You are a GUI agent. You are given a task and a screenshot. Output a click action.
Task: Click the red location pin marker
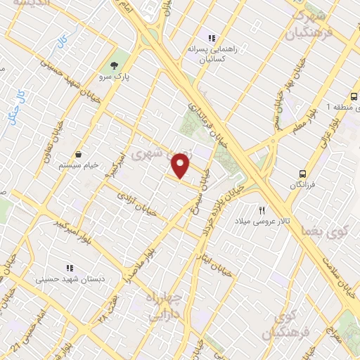(181, 166)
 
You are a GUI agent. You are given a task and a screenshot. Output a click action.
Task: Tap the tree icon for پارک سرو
(115, 58)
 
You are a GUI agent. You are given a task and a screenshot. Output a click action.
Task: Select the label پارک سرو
(115, 72)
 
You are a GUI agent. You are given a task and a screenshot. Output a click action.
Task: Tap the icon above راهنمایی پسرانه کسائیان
(210, 38)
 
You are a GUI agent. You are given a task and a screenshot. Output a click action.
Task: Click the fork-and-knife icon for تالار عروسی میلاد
(262, 210)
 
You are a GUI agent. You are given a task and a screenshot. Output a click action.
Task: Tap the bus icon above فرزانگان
(302, 173)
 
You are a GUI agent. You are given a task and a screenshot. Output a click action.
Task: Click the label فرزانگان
(302, 185)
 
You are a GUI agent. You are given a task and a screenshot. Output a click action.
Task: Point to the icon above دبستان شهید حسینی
(69, 268)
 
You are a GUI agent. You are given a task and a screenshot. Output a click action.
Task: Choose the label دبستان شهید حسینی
(69, 280)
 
